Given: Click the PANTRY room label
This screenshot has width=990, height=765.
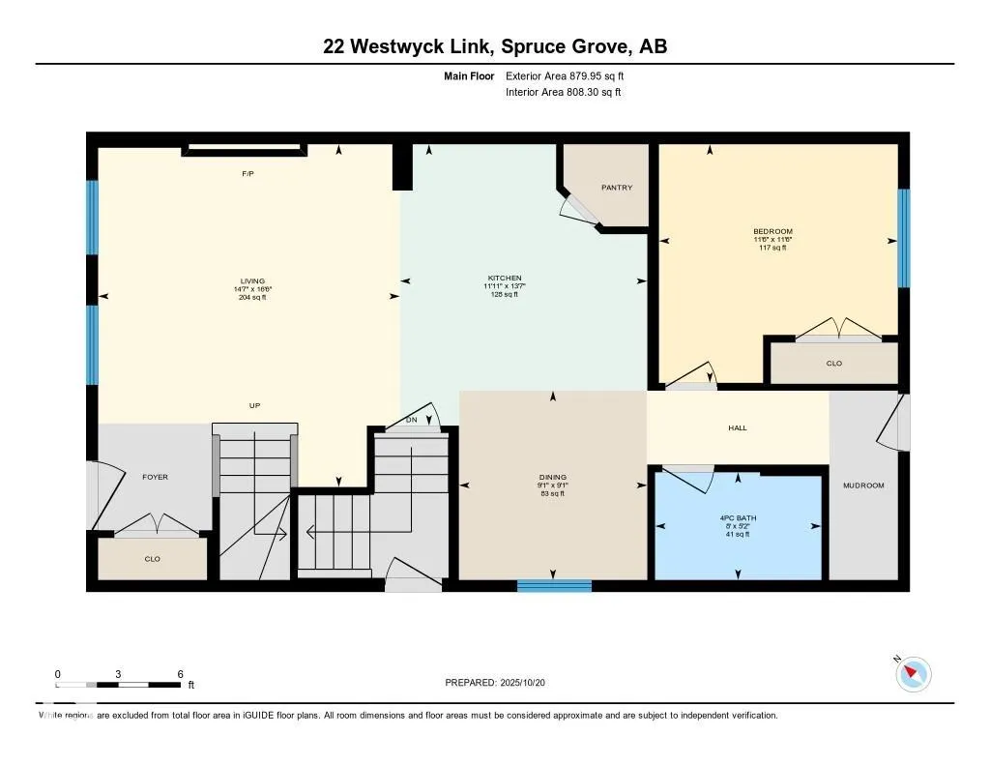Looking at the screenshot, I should (616, 188).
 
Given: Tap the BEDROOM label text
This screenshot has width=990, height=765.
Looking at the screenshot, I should (772, 231).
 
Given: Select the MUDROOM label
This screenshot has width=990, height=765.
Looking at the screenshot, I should (863, 485).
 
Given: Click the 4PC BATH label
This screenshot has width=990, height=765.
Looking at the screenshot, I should (738, 517).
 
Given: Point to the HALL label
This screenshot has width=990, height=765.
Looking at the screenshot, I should (738, 427).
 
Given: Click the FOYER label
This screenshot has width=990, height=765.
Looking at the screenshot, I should (156, 477).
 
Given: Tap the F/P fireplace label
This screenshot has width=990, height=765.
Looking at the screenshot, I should (247, 174).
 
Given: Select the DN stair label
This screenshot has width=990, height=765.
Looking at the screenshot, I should (411, 420).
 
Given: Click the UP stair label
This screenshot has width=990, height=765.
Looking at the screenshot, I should (253, 405).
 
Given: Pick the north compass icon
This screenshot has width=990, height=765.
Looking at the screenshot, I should (913, 673).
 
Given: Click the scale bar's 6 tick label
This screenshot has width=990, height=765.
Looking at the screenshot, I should (180, 673).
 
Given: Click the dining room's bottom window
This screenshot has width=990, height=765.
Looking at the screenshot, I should (554, 585).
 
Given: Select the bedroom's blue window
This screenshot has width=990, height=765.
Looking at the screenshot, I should (904, 238).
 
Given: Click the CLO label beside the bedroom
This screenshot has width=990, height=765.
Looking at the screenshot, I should (834, 364).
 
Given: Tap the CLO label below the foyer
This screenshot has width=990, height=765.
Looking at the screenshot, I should (152, 559).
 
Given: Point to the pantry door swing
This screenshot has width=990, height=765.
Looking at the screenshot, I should (579, 207).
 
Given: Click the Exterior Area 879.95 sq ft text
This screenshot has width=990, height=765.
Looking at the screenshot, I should (571, 75).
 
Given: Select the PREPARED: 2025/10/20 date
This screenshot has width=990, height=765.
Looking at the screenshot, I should (501, 683).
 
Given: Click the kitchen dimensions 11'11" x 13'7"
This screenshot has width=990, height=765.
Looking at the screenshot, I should (504, 286).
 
